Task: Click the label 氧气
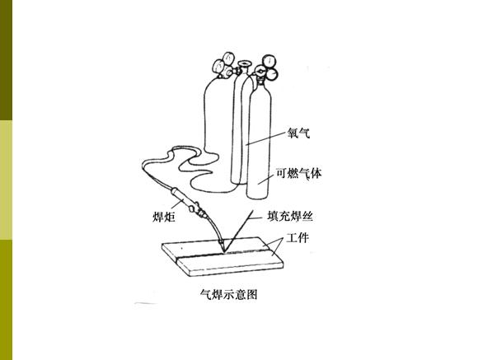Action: pos(298,133)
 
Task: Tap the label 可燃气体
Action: pos(298,173)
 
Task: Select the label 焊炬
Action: pos(164,217)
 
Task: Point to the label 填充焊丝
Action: pos(290,217)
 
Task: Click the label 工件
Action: pos(298,238)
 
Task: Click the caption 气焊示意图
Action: pos(229,294)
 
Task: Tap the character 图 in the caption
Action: pos(252,294)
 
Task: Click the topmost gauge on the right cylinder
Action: pos(269,61)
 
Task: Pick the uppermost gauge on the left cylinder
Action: pos(228,58)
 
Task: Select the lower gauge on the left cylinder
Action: pos(218,67)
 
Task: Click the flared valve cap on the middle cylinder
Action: pos(244,63)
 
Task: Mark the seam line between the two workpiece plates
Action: pos(222,254)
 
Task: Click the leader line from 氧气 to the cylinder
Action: pos(266,138)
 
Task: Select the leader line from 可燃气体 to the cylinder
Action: pos(266,180)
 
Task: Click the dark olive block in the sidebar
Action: pos(6,60)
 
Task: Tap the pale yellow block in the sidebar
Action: pos(6,180)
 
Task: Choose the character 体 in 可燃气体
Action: pos(316,173)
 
